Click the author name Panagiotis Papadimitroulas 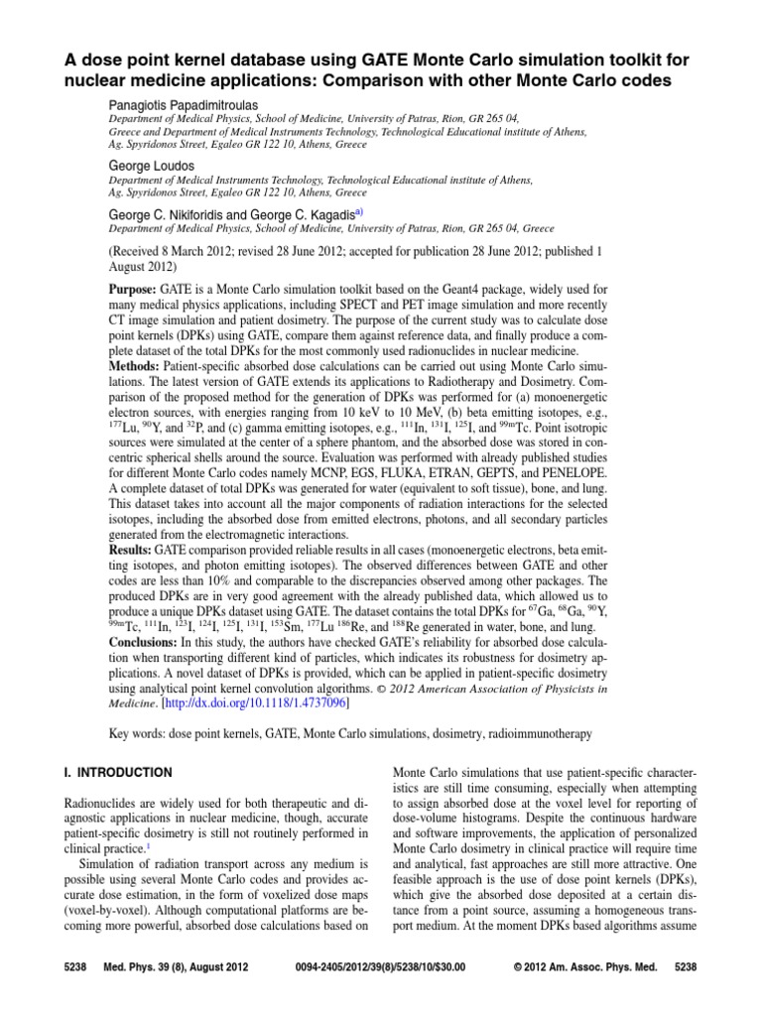point(190,103)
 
